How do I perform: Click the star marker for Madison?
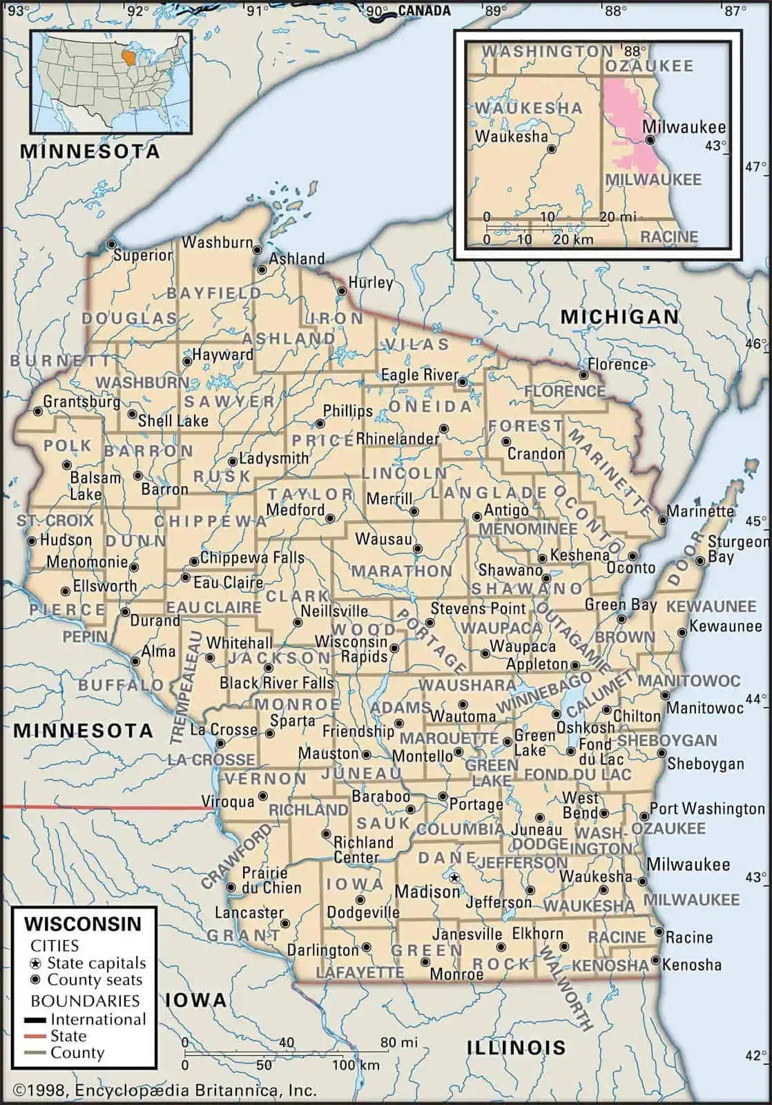[454, 878]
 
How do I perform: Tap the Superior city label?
[143, 255]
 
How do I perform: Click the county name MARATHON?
[401, 571]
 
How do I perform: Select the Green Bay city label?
[621, 605]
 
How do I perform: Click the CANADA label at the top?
[424, 10]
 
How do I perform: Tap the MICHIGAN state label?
[619, 316]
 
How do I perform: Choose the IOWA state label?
[195, 999]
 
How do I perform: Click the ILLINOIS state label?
[516, 1047]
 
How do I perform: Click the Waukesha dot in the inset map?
[551, 148]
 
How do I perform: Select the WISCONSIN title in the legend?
[83, 924]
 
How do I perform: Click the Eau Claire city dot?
[185, 577]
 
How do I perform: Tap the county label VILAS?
[417, 344]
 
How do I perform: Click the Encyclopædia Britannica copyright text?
[165, 1090]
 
